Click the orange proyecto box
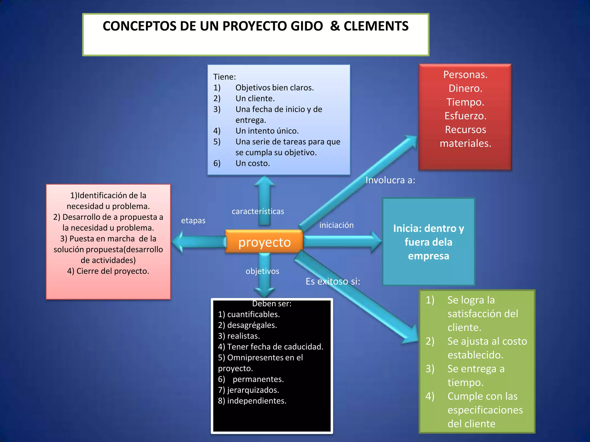(264, 242)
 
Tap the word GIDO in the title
(307, 26)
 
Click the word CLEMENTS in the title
(376, 26)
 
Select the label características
(258, 211)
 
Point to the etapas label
(193, 220)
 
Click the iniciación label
(336, 225)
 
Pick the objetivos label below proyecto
(262, 271)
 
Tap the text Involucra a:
(390, 180)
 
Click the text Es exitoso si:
(333, 281)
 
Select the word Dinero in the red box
(465, 88)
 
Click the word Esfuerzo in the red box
(465, 116)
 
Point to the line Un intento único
(267, 131)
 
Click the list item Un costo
(252, 163)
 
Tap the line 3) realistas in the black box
(239, 336)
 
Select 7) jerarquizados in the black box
(248, 390)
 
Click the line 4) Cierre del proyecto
(108, 271)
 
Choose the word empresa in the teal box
(428, 256)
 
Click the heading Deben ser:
(272, 304)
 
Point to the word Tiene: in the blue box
(224, 77)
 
